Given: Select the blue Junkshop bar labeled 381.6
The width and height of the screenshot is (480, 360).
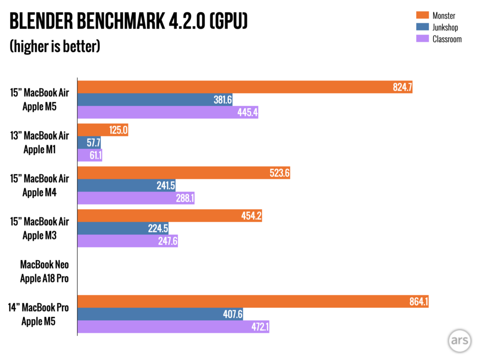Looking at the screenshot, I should coord(155,99).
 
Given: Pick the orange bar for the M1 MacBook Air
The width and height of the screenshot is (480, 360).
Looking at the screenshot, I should coord(103,130).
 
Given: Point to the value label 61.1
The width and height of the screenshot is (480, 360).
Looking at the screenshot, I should coord(94,155).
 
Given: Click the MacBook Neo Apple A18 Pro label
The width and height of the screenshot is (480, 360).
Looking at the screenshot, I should coord(44,272).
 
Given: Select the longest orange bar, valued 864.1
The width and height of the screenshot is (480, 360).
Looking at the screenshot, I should coord(253,301).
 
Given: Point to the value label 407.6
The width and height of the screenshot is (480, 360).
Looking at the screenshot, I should coord(232,314).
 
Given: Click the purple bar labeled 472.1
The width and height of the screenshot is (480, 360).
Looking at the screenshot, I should coord(173,327).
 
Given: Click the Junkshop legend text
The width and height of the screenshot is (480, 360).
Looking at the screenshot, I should coord(445,28).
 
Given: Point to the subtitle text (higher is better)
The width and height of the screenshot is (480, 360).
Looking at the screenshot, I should coord(55,47).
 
